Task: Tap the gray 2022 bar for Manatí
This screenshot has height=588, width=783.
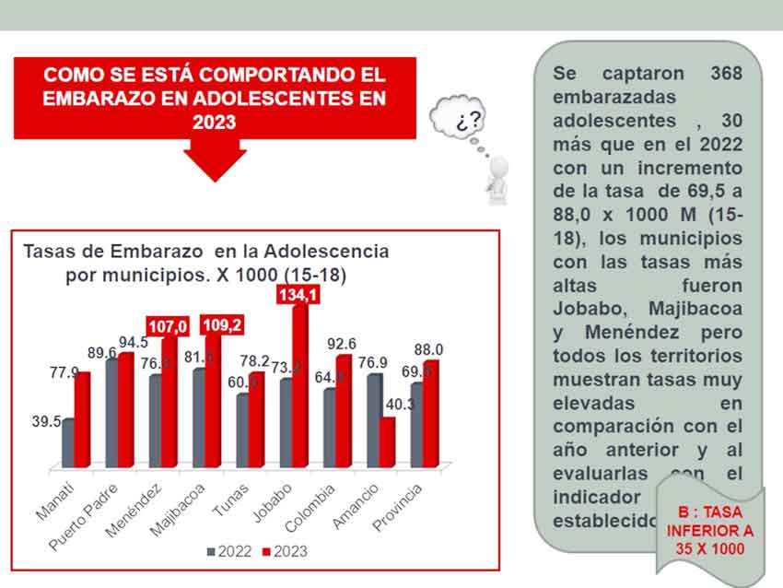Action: pos(68,443)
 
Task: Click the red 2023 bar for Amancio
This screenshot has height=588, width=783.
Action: pos(387,441)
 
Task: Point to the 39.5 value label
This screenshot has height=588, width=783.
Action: pos(46,421)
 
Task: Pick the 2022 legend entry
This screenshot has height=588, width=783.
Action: pos(229,551)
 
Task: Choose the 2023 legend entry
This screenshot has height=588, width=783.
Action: pos(285,551)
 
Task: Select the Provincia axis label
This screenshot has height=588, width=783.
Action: pos(398,508)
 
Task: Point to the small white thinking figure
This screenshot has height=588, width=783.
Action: pos(498,179)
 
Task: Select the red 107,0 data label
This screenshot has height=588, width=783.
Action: pos(169,326)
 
